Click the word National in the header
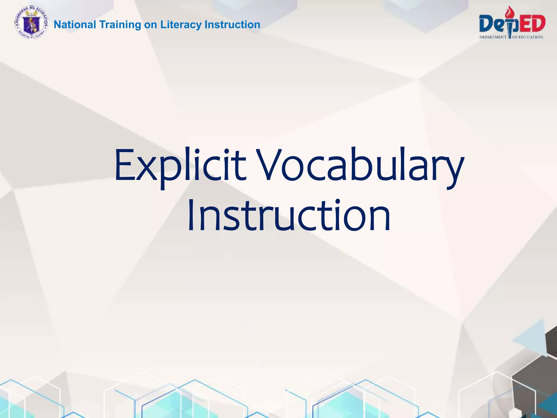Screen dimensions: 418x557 pos(75,25)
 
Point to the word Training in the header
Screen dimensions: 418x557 pos(120,25)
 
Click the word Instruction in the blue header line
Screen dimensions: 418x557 pos(232,25)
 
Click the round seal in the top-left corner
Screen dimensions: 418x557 pos(31,22)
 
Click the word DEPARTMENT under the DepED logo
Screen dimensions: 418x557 pos(493,37)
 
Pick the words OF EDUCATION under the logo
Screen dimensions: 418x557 pos(528,37)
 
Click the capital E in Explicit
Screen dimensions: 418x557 pos(125,165)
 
